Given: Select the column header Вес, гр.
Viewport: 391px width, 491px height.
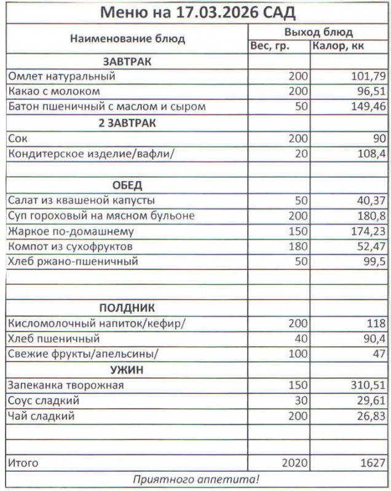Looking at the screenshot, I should click(270, 47).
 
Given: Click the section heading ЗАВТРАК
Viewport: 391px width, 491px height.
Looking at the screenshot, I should click(127, 62).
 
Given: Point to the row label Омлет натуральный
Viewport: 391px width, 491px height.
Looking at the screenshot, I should click(61, 77).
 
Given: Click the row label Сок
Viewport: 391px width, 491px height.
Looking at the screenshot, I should click(18, 138).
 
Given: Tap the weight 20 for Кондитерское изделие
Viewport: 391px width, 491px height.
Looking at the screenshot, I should click(301, 153).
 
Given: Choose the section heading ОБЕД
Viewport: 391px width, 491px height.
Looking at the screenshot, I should click(127, 185).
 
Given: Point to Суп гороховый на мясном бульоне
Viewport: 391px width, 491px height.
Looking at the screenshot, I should click(101, 215).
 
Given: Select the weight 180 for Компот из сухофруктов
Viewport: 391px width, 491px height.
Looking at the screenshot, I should click(298, 246).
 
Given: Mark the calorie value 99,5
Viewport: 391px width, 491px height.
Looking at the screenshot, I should click(374, 261).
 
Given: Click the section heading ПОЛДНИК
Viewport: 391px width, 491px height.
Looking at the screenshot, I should click(127, 308).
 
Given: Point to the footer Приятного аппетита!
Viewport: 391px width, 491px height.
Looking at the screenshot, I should click(196, 479).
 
